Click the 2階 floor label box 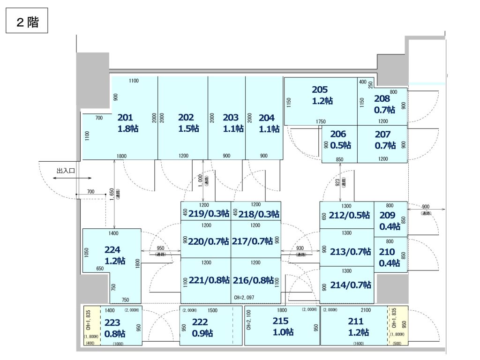pos(27,21)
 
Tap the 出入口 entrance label pos(66,171)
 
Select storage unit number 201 pos(125,118)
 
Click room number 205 pos(320,90)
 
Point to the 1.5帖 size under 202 pos(188,128)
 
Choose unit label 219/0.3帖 pos(209,214)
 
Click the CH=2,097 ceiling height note pos(244,298)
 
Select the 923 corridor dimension pos(337,183)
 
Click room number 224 pos(112,250)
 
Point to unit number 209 pos(387,215)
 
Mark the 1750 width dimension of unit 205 pos(321,121)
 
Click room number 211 pos(356,321)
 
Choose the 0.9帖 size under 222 pos(202,333)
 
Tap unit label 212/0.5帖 pos(349,215)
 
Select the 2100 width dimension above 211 pos(366,310)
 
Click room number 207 pos(382,135)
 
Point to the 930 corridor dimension pos(300,248)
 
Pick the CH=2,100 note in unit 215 pos(248,320)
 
